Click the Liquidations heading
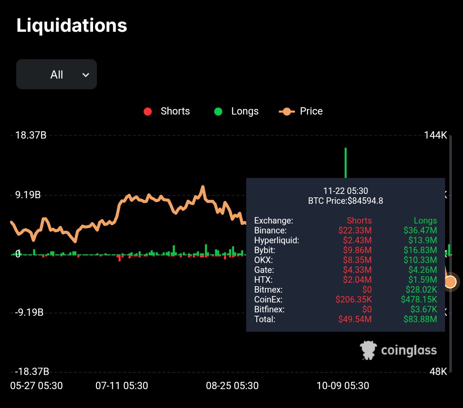(72, 26)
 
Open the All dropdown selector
(57, 75)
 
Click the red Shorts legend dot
(148, 112)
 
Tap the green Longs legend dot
(218, 112)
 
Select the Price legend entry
(301, 112)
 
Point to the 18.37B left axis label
(31, 136)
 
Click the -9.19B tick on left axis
(29, 312)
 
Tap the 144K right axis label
(436, 136)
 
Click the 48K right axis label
(438, 372)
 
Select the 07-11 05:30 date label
(122, 386)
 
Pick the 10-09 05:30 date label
(343, 386)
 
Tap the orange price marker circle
(450, 282)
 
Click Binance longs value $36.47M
(420, 230)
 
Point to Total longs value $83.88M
(420, 319)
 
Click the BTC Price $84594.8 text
(346, 200)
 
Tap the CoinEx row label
(268, 299)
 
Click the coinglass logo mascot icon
(368, 350)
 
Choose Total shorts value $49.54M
(355, 319)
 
